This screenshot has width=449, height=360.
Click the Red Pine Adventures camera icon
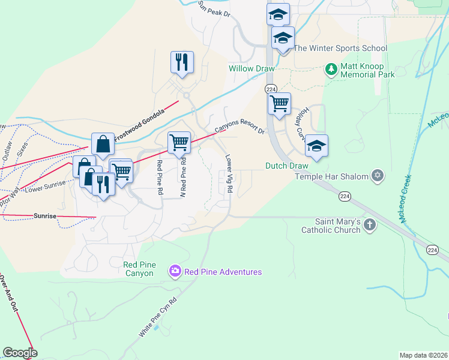(x=175, y=272)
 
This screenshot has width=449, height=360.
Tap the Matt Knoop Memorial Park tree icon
(x=331, y=70)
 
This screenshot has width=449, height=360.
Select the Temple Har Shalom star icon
(x=377, y=175)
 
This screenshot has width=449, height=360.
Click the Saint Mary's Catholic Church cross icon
(x=370, y=226)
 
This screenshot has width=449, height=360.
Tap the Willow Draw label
(x=251, y=68)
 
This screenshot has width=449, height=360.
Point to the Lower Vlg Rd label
(x=229, y=174)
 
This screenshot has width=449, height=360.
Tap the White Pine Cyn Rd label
(x=159, y=316)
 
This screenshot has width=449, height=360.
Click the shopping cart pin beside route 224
(x=279, y=103)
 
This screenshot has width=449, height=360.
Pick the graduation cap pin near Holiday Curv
(x=316, y=146)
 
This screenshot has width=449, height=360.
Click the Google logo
(x=20, y=353)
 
